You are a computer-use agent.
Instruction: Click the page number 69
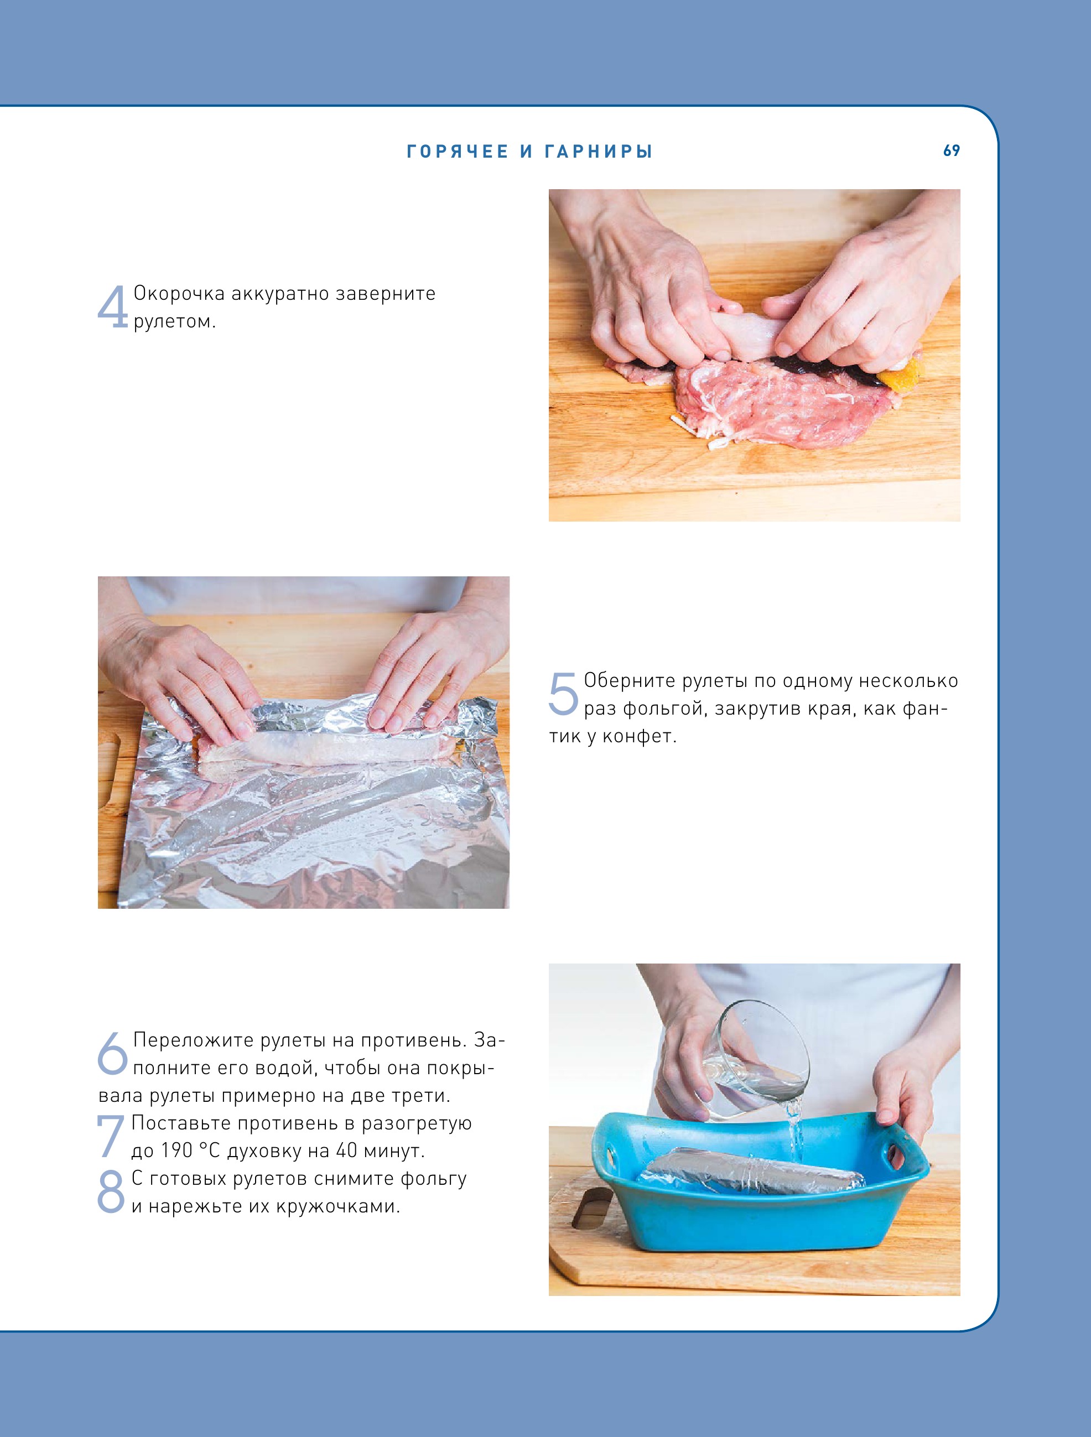click(951, 150)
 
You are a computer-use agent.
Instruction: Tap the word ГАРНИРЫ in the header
click(599, 152)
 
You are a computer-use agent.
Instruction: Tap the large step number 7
click(111, 1136)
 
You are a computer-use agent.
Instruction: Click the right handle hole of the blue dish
click(898, 1158)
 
